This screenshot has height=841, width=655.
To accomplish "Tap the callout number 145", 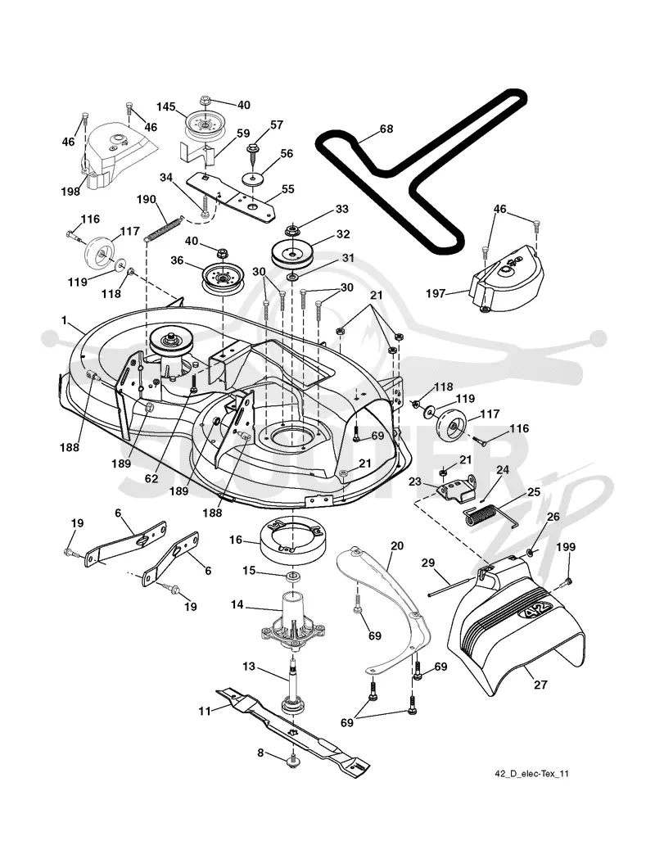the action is tap(165, 106).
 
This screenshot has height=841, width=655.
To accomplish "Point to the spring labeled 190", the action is tap(164, 228).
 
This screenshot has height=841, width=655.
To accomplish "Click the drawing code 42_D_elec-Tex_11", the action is tap(531, 773).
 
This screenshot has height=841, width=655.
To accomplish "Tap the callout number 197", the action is tap(436, 293).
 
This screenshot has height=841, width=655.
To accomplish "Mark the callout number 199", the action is tap(566, 547).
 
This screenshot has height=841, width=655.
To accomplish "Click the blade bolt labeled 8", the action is tap(293, 761).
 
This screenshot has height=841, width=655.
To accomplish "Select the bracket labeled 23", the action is tap(457, 489).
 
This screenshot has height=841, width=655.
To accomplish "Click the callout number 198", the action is tap(70, 192).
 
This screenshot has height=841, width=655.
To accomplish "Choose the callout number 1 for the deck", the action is tap(65, 321).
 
